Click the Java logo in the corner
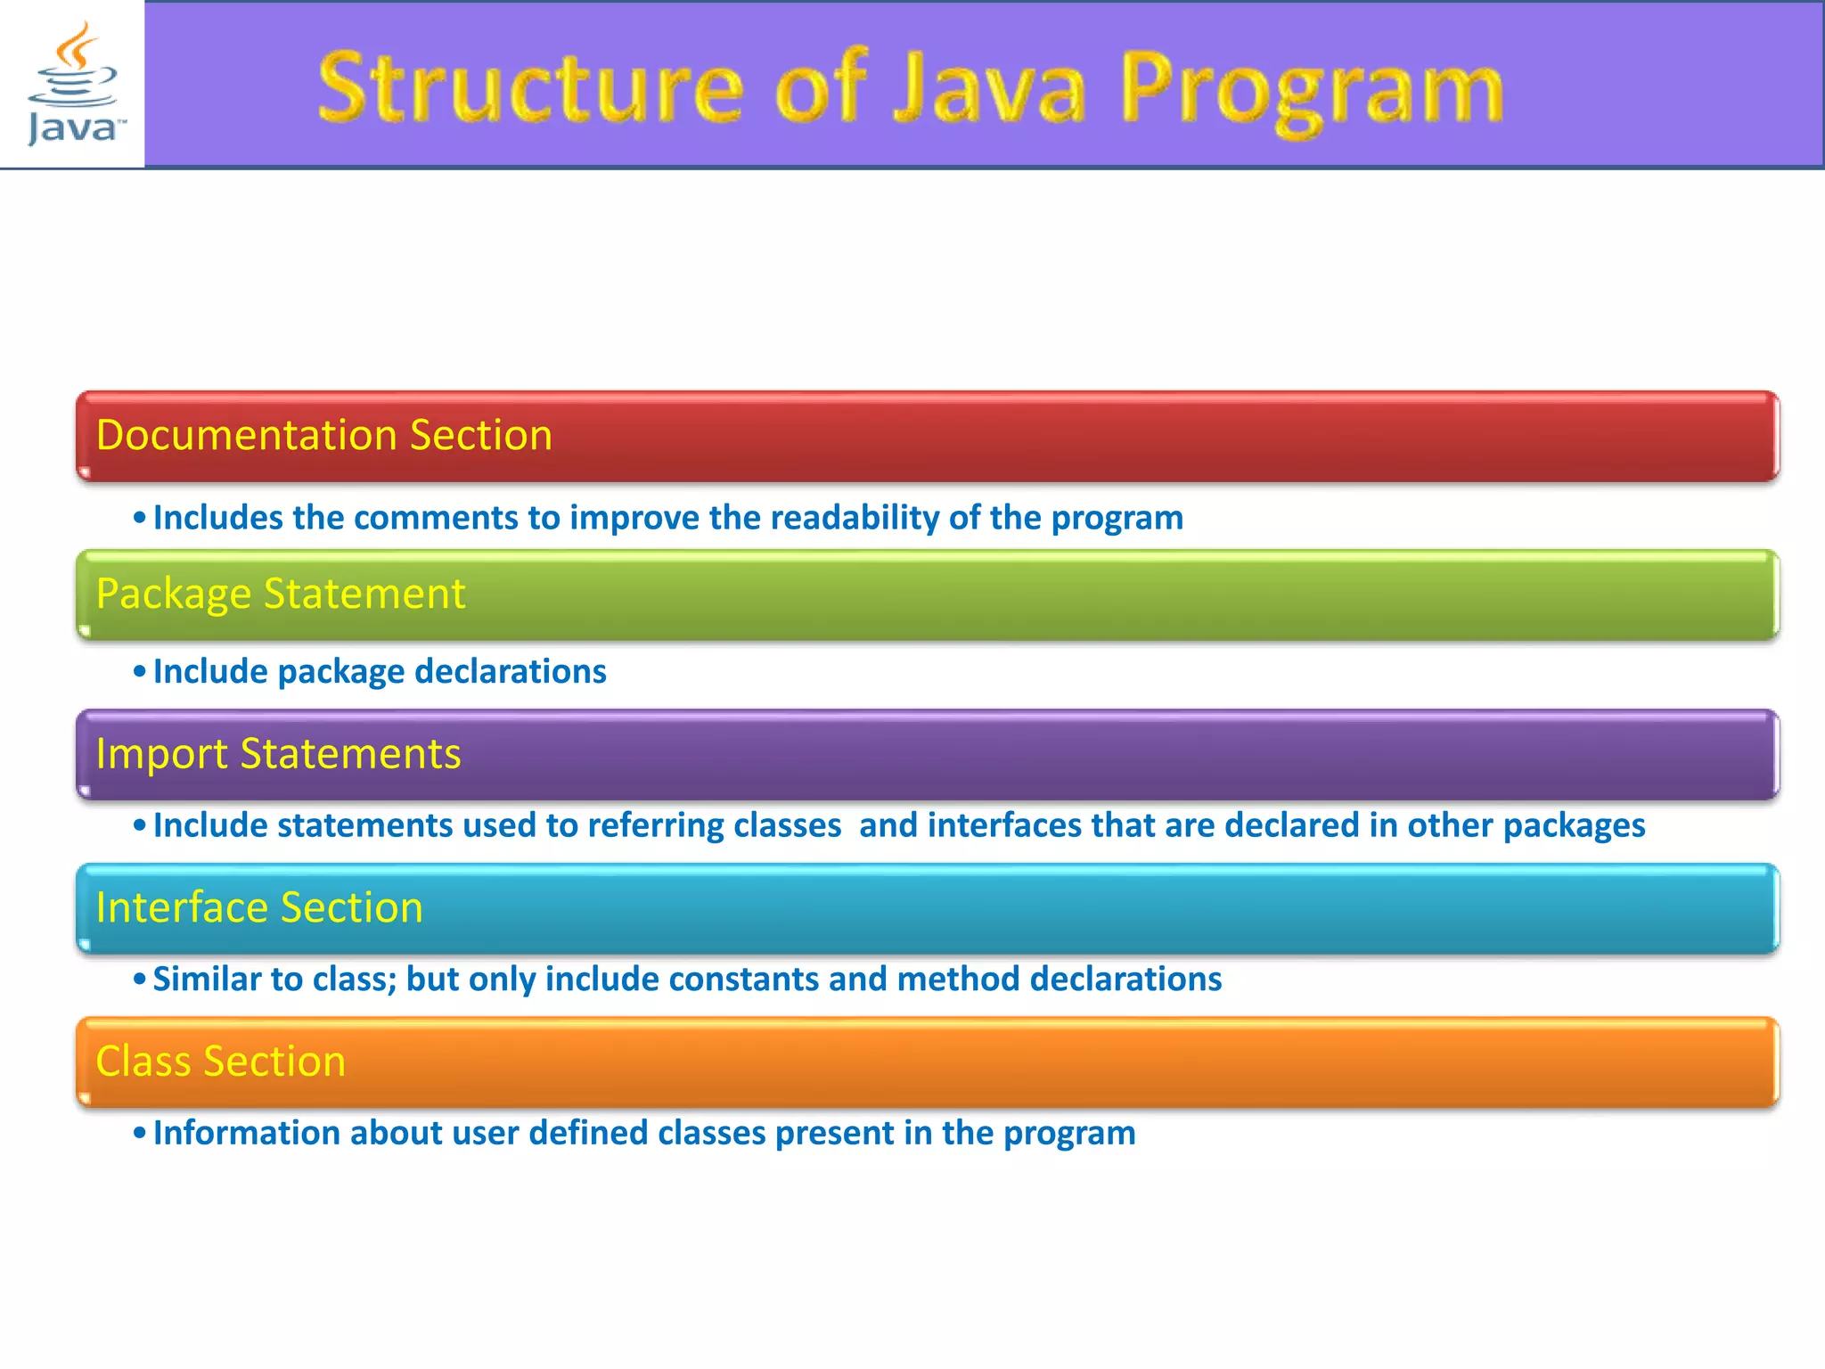pyautogui.click(x=72, y=84)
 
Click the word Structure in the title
pyautogui.click(x=530, y=88)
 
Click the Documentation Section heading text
pyautogui.click(x=323, y=436)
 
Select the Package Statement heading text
pyautogui.click(x=280, y=594)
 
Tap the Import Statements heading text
pyautogui.click(x=278, y=754)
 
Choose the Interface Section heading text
pyautogui.click(x=258, y=908)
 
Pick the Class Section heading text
pyautogui.click(x=220, y=1062)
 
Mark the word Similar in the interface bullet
pyautogui.click(x=207, y=980)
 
